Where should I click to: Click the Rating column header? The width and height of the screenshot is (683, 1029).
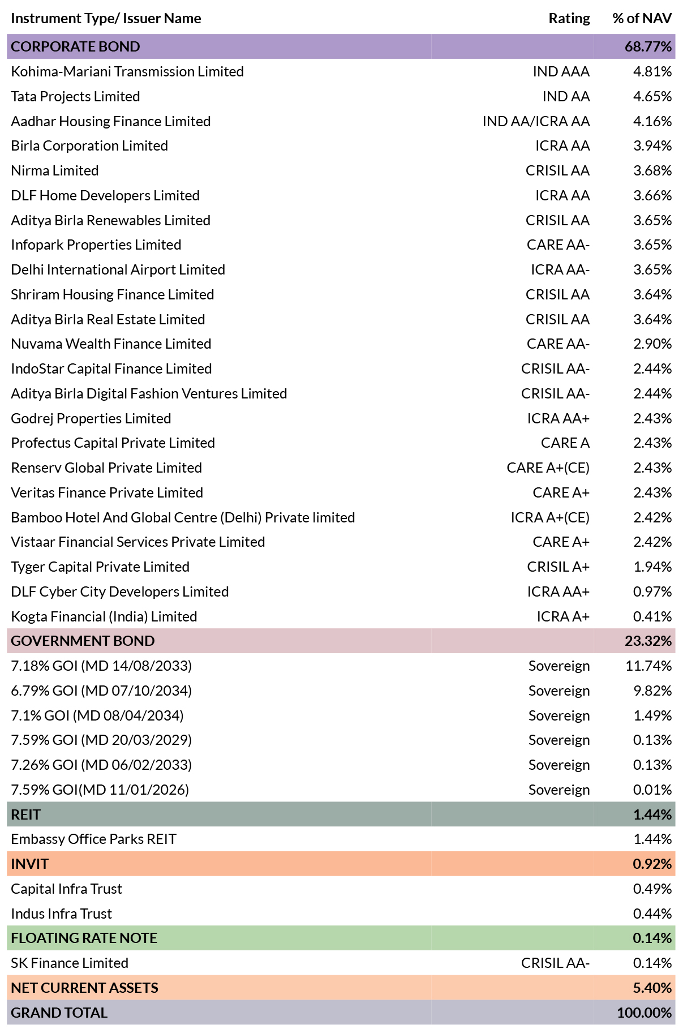[569, 19]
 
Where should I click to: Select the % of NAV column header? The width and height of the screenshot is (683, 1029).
[642, 19]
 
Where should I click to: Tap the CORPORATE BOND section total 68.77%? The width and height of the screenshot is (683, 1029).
[648, 46]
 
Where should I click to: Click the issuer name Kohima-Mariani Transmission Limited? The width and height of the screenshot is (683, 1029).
[127, 71]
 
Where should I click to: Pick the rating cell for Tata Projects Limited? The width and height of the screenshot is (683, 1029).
[566, 96]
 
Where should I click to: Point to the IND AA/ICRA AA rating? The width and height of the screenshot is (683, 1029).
[536, 121]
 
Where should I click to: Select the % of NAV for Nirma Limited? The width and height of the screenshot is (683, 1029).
[652, 170]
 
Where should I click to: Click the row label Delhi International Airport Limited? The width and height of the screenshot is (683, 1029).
[118, 269]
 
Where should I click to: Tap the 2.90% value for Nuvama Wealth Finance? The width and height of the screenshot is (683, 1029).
[652, 344]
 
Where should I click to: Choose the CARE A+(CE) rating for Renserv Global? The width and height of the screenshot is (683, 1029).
[548, 468]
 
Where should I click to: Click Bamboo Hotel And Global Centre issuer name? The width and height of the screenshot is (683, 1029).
[183, 517]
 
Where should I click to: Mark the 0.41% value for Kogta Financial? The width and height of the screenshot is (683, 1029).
[652, 616]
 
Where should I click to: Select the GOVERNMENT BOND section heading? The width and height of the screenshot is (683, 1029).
[83, 641]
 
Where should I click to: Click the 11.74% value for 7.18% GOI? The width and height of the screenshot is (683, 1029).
[648, 666]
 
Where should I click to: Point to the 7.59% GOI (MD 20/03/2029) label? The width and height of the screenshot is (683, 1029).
[101, 740]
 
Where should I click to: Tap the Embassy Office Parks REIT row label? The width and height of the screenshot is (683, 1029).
[94, 839]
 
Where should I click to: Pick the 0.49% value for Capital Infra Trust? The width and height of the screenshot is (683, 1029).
[652, 889]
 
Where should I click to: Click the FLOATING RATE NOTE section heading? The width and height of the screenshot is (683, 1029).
[84, 938]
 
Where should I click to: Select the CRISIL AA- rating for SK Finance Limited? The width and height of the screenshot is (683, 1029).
[555, 963]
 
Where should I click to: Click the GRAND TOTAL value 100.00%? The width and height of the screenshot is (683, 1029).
[645, 1013]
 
